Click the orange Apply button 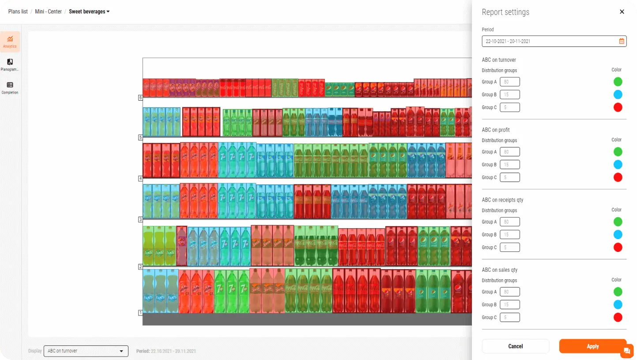[592, 346]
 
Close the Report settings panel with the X [622, 12]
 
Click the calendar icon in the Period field [622, 41]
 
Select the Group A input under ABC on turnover [509, 82]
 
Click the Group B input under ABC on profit [509, 165]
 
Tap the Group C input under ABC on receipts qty [509, 247]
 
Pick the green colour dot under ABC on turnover [618, 82]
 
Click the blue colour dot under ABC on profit [618, 165]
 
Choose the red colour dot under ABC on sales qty [618, 317]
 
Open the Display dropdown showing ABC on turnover [86, 351]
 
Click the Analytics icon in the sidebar [10, 41]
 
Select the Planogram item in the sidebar [10, 65]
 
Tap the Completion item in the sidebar [10, 88]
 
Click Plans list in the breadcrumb [18, 11]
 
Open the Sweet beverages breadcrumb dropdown [89, 11]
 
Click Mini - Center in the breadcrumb [49, 11]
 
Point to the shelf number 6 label [140, 97]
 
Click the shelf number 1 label [140, 313]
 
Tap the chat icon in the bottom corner [626, 352]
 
